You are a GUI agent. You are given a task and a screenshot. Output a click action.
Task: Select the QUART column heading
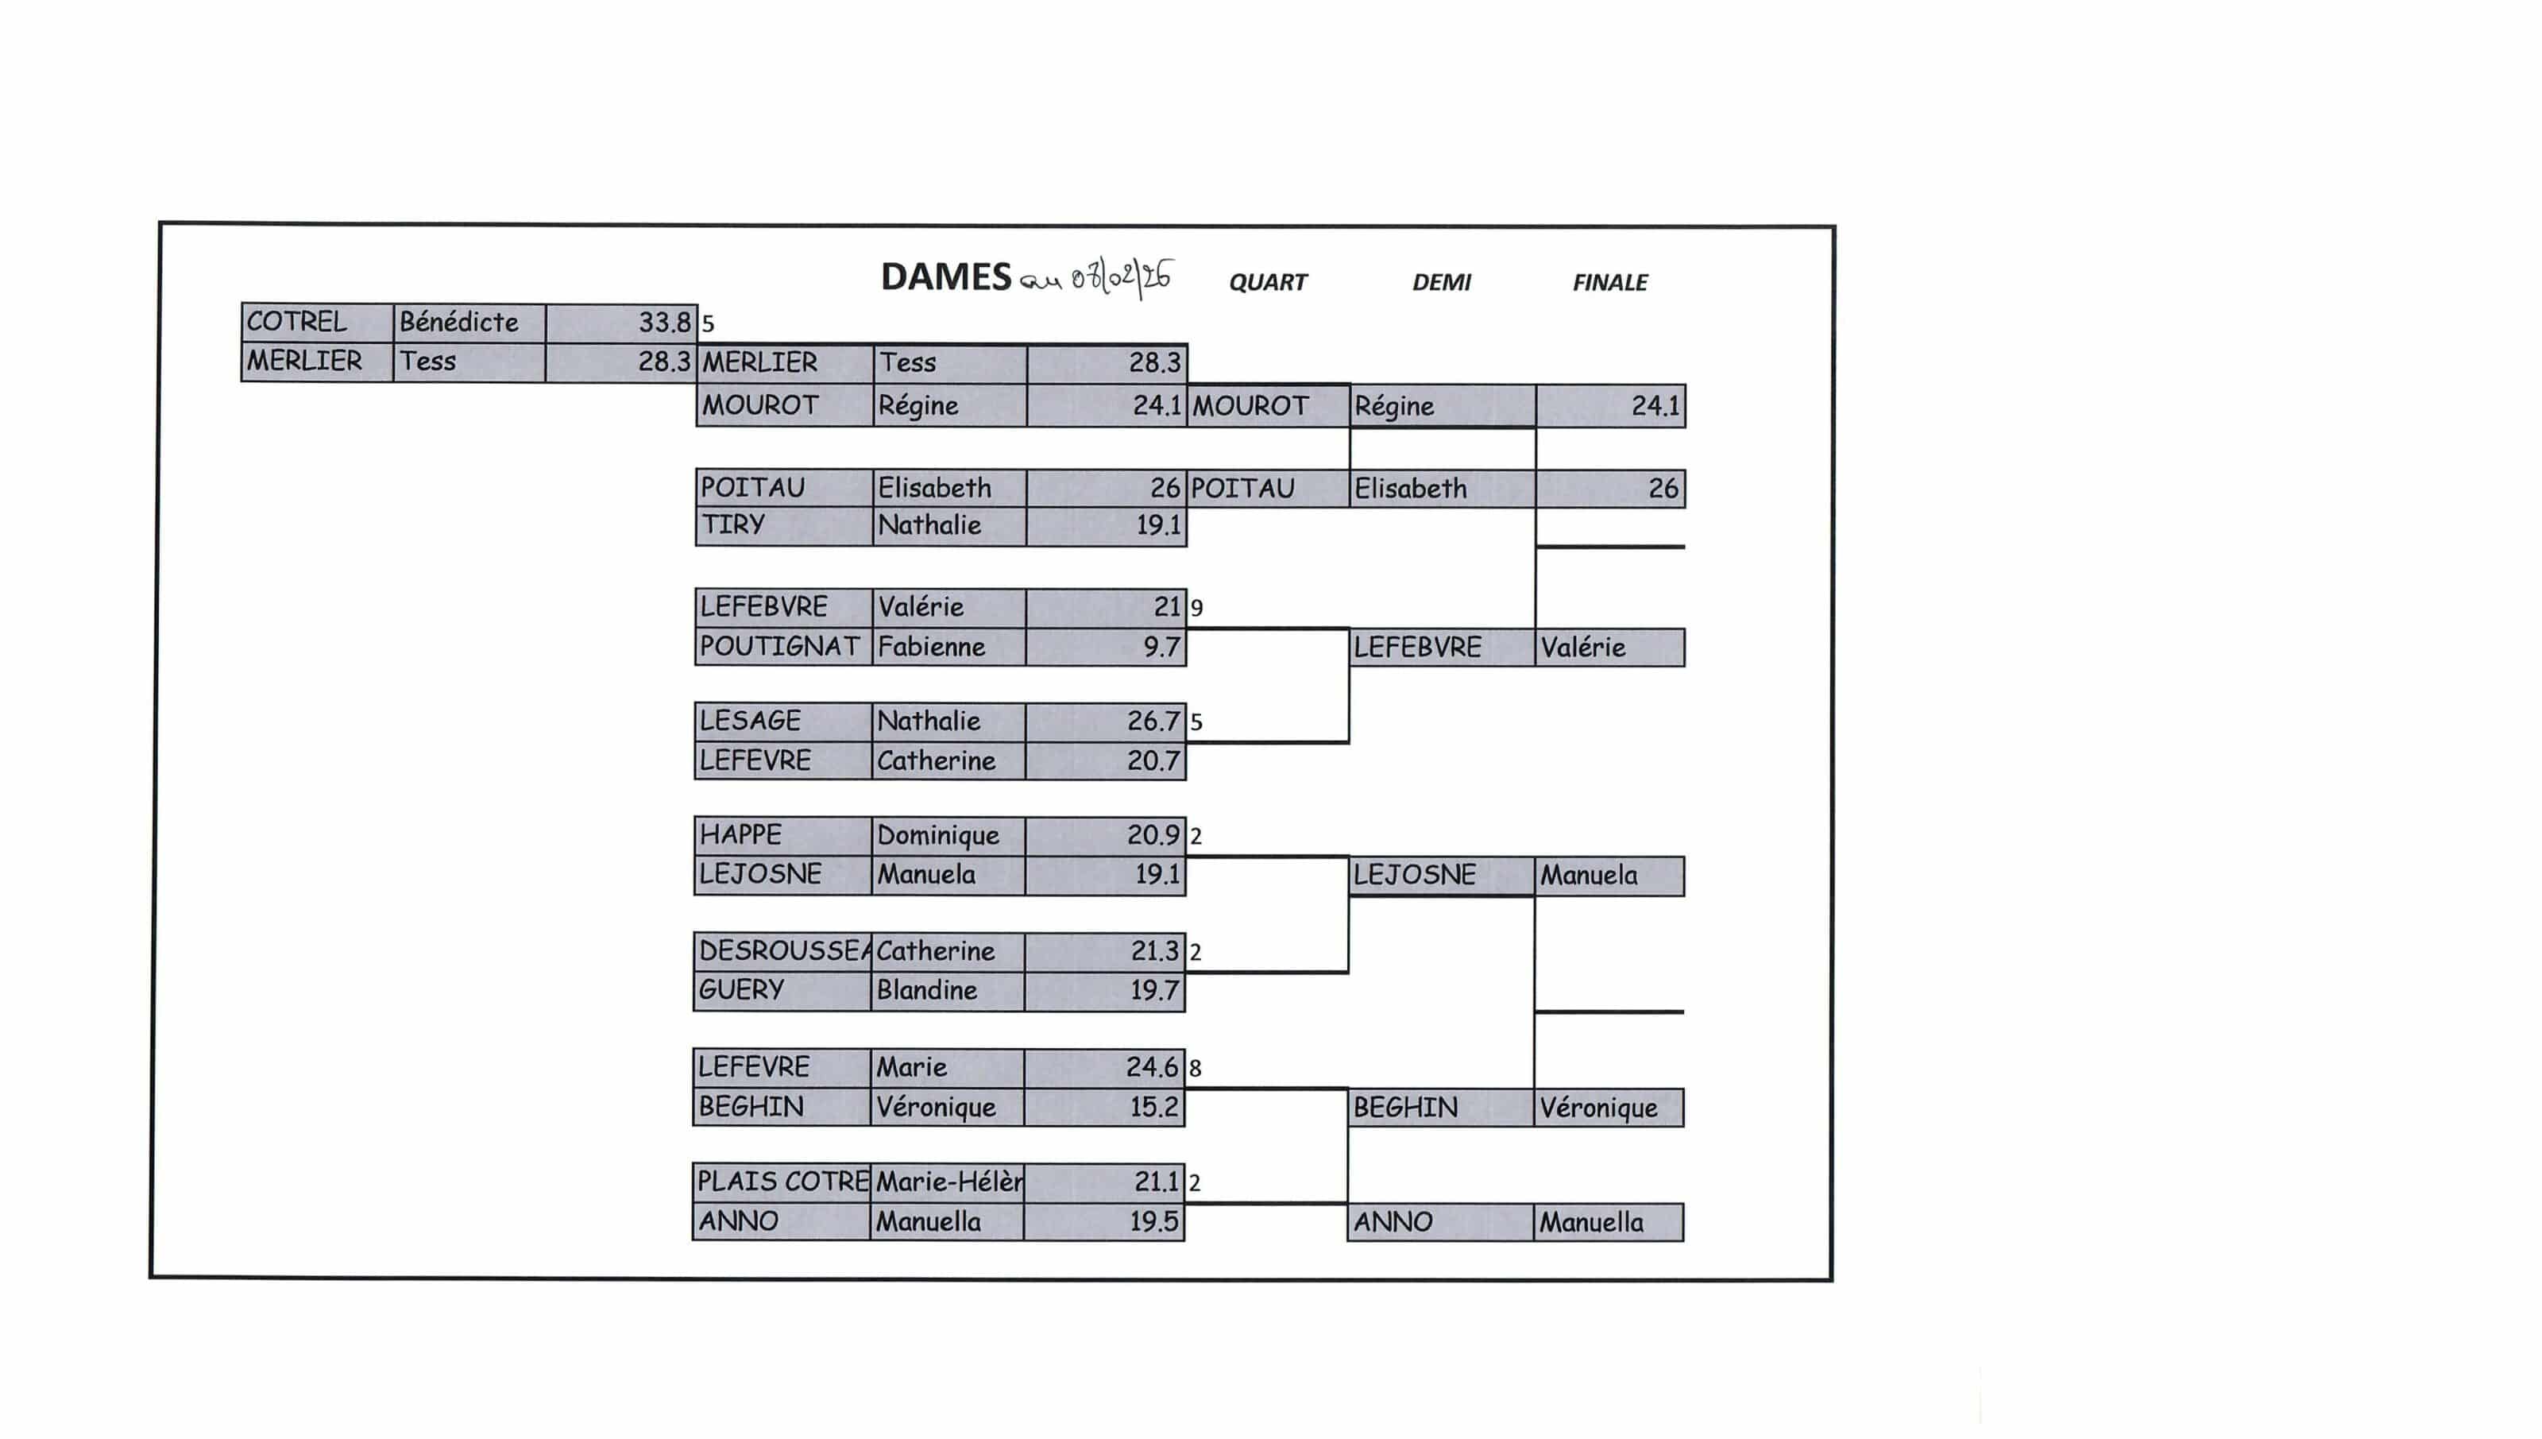coord(1268,283)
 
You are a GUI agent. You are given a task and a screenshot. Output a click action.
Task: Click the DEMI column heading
coord(1442,283)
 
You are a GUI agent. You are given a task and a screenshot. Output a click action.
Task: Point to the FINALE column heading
coord(1609,283)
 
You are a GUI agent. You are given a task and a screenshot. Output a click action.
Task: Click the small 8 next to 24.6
coord(1196,1069)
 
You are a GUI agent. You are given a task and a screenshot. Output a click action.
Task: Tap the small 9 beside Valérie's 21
coord(1196,608)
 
